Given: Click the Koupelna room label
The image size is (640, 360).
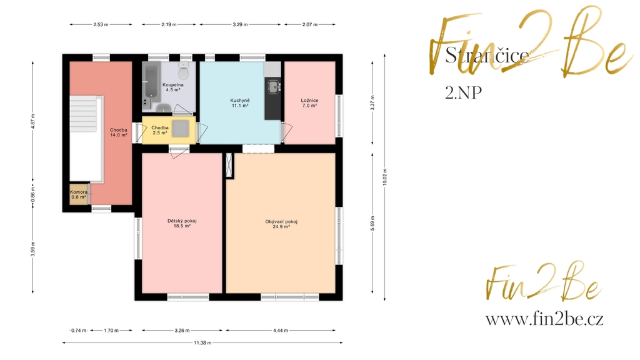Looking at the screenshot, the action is click(x=173, y=85).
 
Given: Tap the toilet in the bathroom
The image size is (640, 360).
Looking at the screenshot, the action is click(x=184, y=71).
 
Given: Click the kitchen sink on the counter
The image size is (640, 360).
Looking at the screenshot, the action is click(x=273, y=86).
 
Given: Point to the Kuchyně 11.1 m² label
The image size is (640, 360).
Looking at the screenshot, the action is click(x=240, y=103).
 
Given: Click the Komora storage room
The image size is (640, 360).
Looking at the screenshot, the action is click(x=79, y=194).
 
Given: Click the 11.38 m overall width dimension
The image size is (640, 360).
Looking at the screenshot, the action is click(x=202, y=343).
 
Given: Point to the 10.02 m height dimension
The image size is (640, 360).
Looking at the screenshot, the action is click(x=384, y=177).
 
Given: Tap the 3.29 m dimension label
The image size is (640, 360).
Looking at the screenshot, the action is click(x=241, y=24).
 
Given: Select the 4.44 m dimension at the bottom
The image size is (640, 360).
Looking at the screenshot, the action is click(x=281, y=331).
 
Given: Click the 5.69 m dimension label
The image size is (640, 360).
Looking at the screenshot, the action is click(x=372, y=223).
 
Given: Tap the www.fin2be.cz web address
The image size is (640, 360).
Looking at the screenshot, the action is click(x=544, y=319).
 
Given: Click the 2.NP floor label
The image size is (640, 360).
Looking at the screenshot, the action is click(x=463, y=92).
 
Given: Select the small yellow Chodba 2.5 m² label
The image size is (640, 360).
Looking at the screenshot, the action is click(x=160, y=130).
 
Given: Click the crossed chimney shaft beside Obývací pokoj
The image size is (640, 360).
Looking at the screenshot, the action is click(x=230, y=165).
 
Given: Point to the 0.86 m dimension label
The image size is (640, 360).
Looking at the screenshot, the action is click(x=33, y=192).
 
